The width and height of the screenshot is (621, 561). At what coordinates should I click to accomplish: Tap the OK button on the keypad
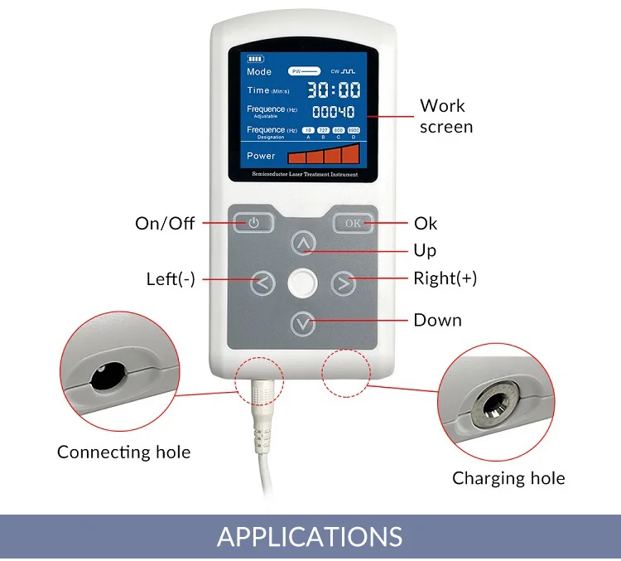pos(353,222)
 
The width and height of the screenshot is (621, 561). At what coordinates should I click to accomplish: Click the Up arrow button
pos(305,244)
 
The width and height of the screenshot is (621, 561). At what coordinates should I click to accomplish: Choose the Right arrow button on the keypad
pos(343,283)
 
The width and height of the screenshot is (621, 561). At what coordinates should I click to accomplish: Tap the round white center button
pos(303,283)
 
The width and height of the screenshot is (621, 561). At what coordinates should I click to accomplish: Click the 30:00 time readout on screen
pos(335,89)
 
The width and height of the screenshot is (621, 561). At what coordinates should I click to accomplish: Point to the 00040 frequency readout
pos(333,112)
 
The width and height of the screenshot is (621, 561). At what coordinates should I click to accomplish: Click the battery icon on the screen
pos(254,59)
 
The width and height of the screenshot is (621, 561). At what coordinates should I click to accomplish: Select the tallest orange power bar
pos(351,153)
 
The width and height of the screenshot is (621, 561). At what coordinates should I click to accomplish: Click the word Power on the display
pos(261,155)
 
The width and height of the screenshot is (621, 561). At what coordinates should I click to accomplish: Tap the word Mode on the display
pos(259,72)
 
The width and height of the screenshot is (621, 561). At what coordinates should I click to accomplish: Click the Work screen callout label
pos(445,116)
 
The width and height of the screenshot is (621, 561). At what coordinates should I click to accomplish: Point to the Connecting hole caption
pos(123,452)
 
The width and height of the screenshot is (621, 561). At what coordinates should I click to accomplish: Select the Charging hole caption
pos(508,478)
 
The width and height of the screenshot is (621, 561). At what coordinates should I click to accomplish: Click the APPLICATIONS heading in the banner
pos(310,536)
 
